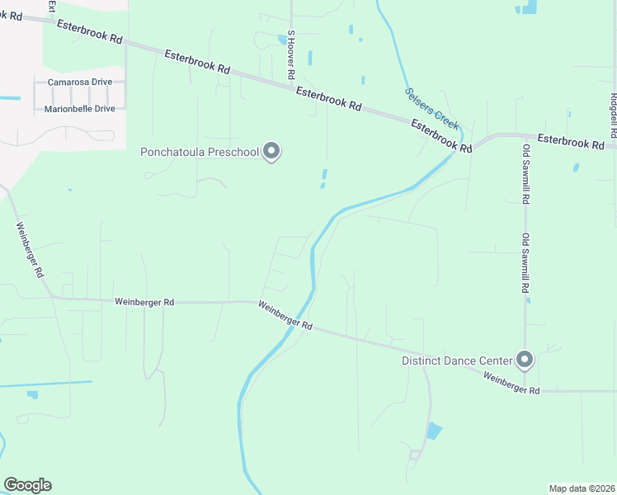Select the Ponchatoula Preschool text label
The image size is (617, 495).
click(200, 152)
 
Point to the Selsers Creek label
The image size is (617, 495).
click(431, 107)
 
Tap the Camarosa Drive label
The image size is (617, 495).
click(79, 82)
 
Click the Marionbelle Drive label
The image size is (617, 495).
click(79, 108)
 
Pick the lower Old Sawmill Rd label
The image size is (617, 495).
click(525, 263)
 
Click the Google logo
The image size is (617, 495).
click(27, 485)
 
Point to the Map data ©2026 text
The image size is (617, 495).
click(582, 488)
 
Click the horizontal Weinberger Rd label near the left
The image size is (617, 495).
click(144, 303)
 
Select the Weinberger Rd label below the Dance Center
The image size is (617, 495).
click(511, 384)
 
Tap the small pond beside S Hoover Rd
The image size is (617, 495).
click(282, 40)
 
